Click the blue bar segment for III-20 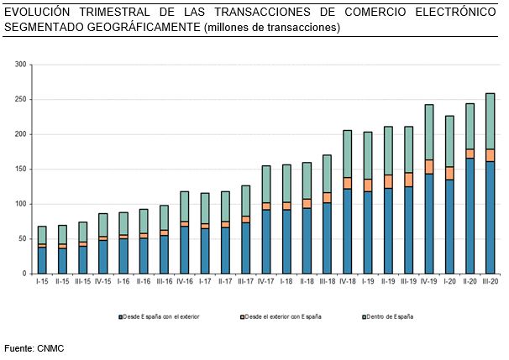(491, 217)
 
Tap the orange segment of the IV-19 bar (429, 166)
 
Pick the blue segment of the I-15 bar (42, 260)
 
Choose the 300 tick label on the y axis (22, 65)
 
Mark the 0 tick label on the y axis (25, 274)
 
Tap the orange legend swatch (241, 316)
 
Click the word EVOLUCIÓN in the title (37, 12)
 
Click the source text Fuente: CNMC (34, 347)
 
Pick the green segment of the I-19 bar (368, 155)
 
